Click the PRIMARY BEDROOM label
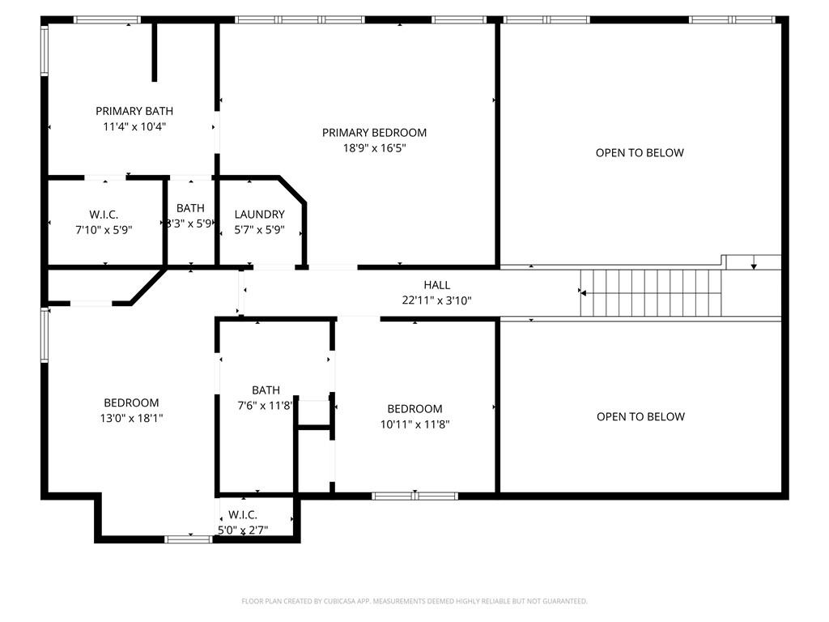click(374, 133)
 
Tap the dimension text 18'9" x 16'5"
click(374, 148)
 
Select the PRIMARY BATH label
click(134, 111)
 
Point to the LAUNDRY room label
click(260, 215)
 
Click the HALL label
click(437, 285)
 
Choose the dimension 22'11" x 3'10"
click(437, 300)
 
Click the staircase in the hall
click(652, 293)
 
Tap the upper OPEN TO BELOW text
click(640, 153)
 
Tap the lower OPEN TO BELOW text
click(640, 417)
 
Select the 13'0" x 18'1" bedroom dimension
click(131, 419)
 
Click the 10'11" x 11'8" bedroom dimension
click(414, 424)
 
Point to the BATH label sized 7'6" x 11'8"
click(266, 390)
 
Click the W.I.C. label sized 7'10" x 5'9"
click(104, 215)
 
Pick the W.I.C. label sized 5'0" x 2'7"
click(243, 515)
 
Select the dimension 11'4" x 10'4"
click(134, 126)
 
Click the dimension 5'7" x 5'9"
click(260, 230)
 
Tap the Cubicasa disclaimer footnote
click(414, 601)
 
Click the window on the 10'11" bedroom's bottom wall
click(414, 495)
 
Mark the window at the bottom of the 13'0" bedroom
click(189, 539)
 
